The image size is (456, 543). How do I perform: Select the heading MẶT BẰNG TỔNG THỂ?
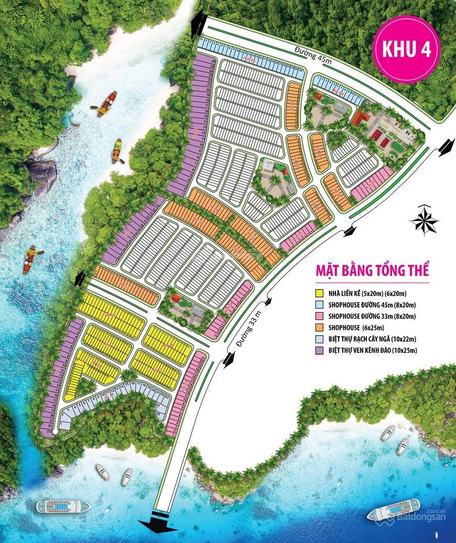coord(372,271)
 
